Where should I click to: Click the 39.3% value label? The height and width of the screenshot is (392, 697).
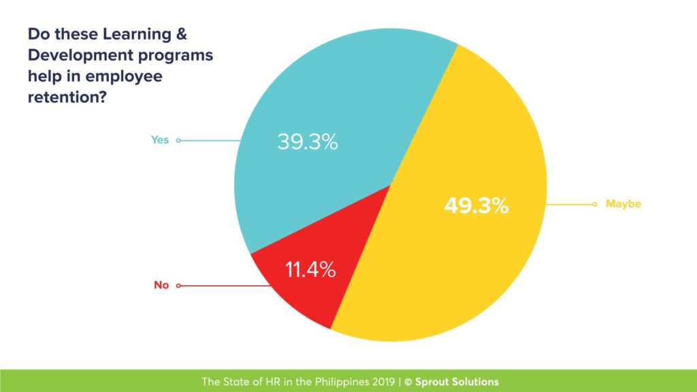click(308, 142)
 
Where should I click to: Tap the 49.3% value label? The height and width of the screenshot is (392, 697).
click(476, 206)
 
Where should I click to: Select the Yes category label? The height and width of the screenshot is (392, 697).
click(159, 140)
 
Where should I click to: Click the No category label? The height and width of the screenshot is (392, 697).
click(161, 285)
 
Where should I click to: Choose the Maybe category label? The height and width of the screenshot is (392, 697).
click(623, 203)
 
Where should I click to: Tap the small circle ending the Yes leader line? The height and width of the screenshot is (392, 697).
click(178, 141)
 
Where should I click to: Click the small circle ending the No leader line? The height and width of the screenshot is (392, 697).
click(178, 286)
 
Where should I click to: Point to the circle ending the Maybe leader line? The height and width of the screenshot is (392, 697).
click(595, 203)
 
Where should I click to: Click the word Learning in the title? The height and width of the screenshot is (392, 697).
click(137, 33)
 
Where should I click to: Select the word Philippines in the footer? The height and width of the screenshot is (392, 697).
click(331, 382)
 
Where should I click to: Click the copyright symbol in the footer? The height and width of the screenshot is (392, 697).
click(408, 382)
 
